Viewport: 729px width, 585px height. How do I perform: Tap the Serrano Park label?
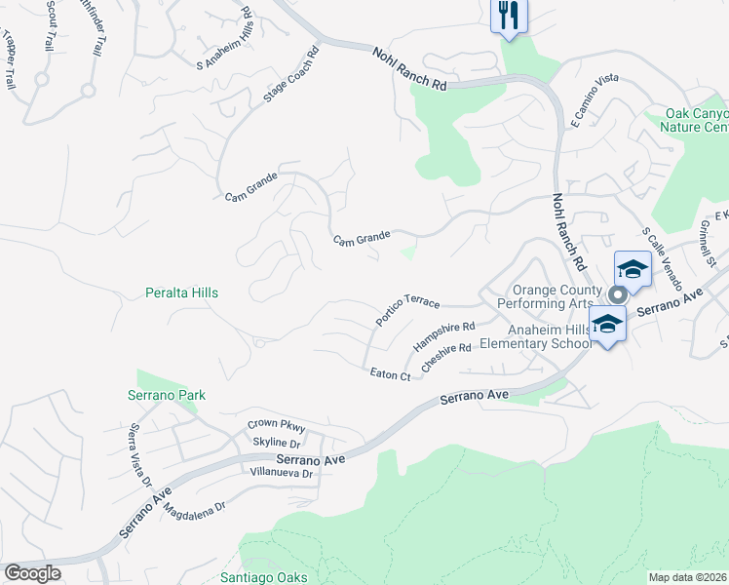coord(167,395)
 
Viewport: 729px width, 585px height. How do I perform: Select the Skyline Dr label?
coord(276,443)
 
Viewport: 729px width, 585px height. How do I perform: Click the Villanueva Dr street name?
coord(280,473)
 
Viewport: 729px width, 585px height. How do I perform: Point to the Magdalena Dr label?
coord(194,508)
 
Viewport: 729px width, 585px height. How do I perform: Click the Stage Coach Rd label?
coord(291,76)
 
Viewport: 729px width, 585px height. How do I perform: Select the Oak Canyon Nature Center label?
coord(694,121)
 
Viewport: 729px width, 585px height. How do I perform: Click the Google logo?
coord(33,573)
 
